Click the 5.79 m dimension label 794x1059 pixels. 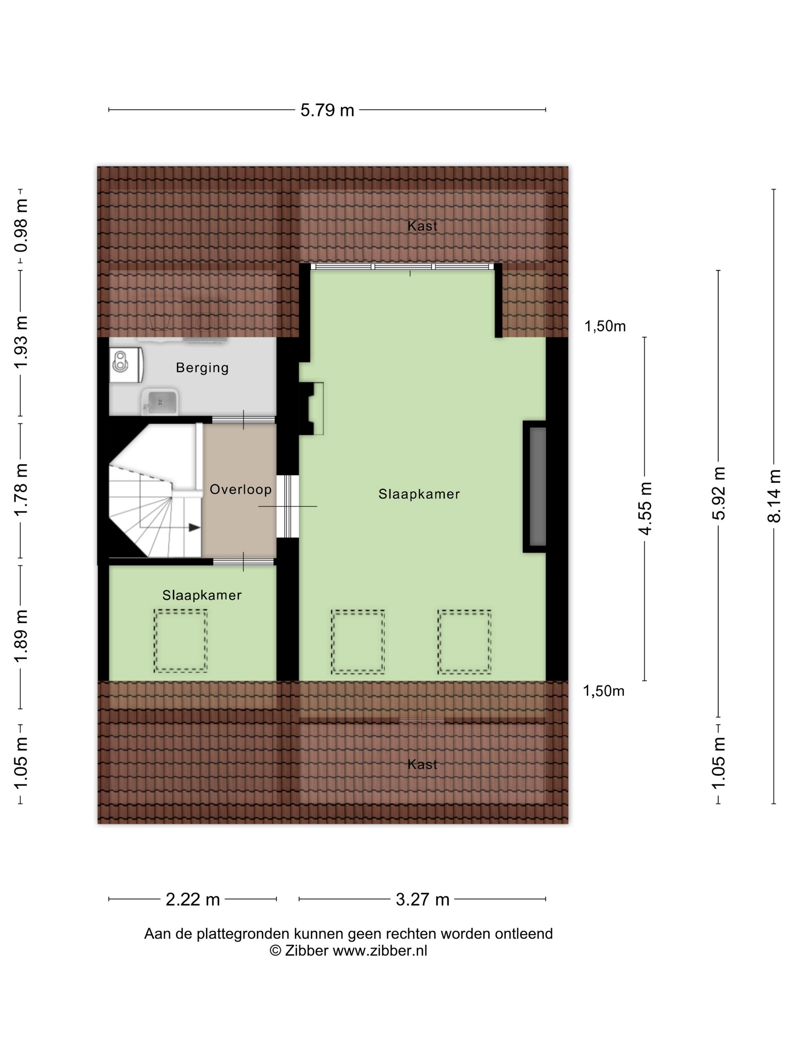pyautogui.click(x=327, y=110)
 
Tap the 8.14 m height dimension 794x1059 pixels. pyautogui.click(x=774, y=495)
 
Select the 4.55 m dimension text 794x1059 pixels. pyautogui.click(x=645, y=508)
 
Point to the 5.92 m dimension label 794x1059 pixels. pyautogui.click(x=718, y=493)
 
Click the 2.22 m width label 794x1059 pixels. pyautogui.click(x=192, y=899)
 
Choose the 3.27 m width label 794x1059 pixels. pyautogui.click(x=423, y=899)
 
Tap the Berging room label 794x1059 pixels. pyautogui.click(x=202, y=368)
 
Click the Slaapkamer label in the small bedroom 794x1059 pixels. pyautogui.click(x=202, y=595)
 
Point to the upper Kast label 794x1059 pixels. pyautogui.click(x=422, y=226)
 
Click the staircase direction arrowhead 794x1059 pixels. pyautogui.click(x=194, y=527)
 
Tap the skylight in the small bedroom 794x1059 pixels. pyautogui.click(x=180, y=641)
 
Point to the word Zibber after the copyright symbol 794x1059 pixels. pyautogui.click(x=306, y=950)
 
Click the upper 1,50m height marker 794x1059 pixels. pyautogui.click(x=605, y=326)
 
